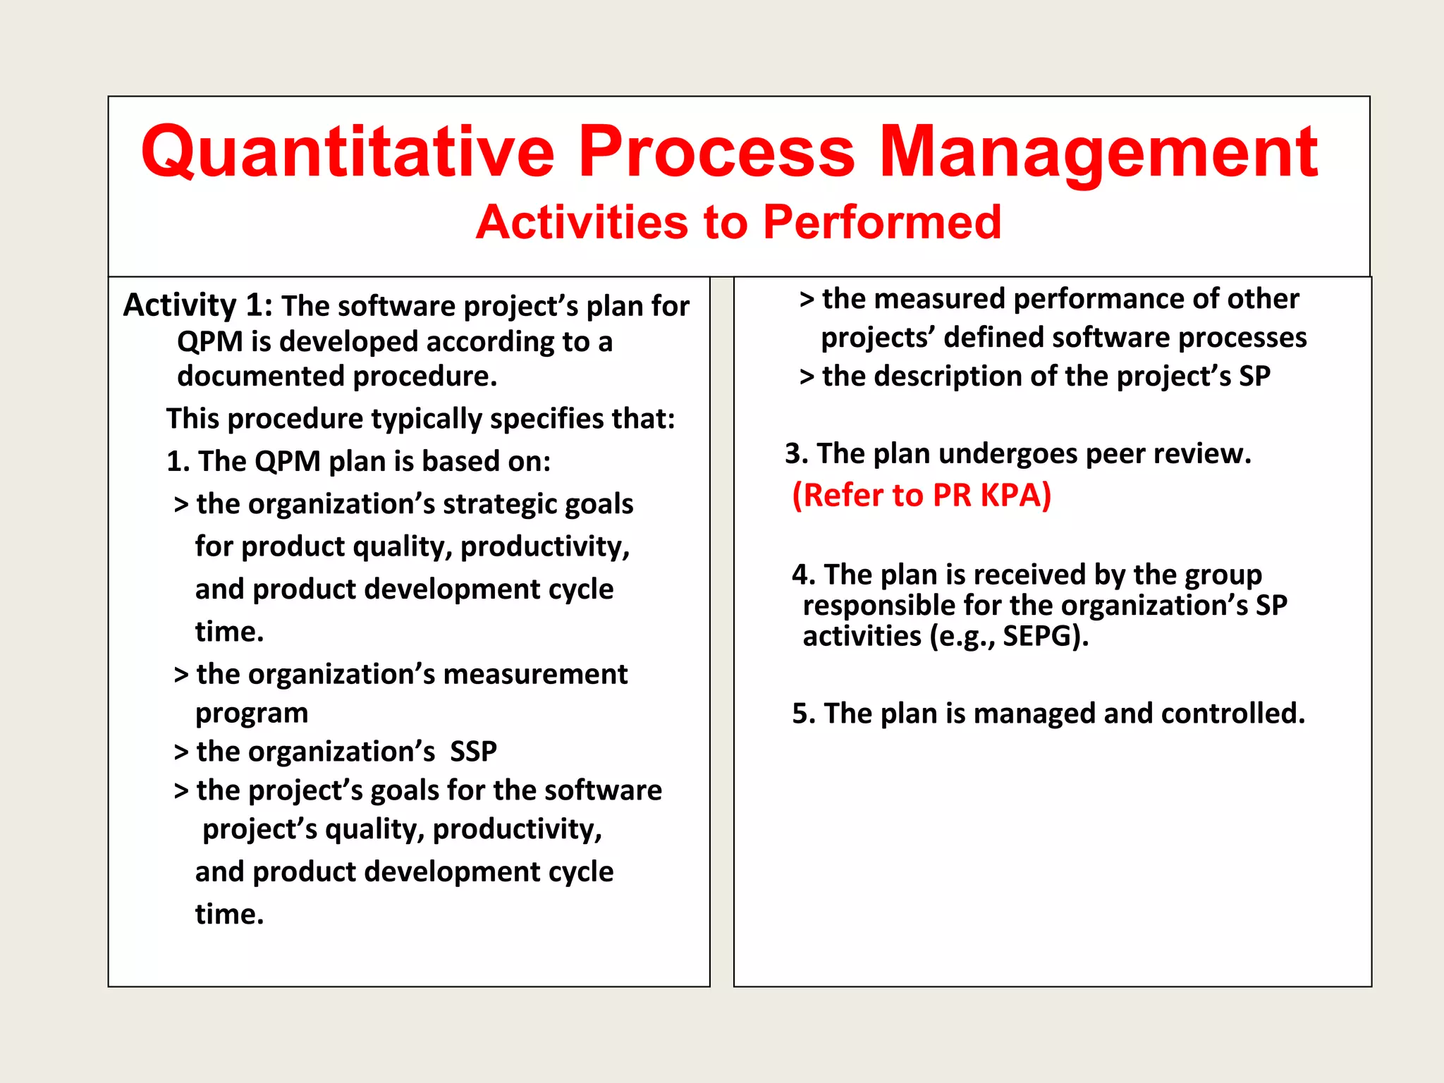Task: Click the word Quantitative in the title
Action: (348, 152)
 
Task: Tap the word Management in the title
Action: (1098, 152)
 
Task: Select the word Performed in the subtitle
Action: (881, 223)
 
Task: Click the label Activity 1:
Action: (197, 306)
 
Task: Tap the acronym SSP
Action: (473, 752)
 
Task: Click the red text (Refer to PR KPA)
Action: (921, 495)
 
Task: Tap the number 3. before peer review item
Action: (796, 454)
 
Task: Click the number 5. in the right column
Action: (803, 714)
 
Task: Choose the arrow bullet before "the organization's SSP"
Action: (181, 752)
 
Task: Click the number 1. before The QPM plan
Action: (178, 462)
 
